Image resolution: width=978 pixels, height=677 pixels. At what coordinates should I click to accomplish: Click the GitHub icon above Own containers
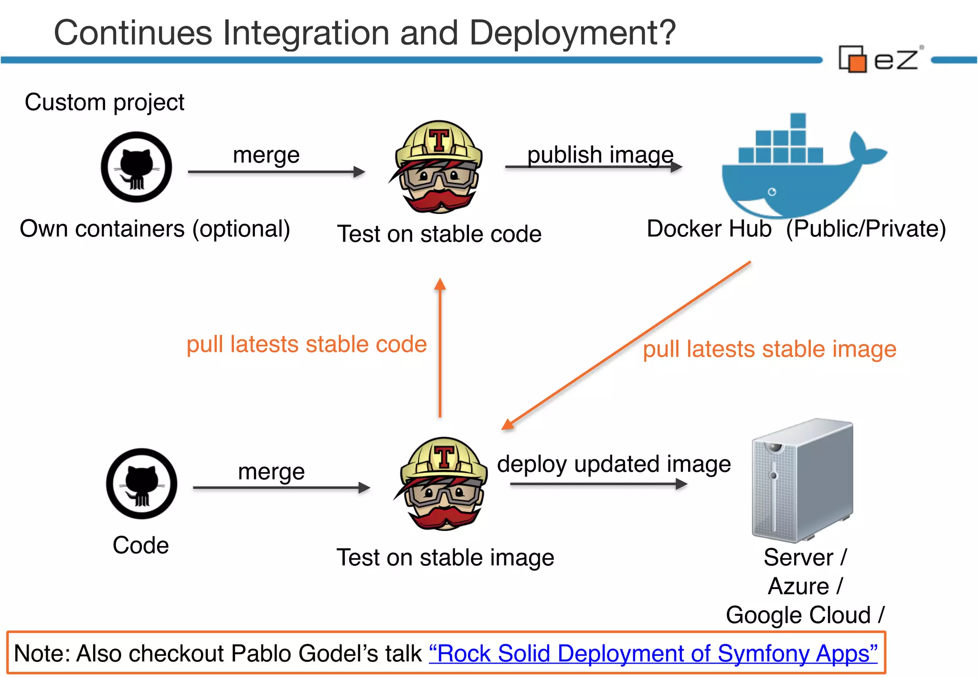coord(136,167)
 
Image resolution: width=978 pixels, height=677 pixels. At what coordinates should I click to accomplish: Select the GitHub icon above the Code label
coord(141,484)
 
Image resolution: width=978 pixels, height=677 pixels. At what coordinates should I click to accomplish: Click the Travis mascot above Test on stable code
coord(438,167)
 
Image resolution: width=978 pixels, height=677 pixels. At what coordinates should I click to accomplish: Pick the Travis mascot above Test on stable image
coord(443,484)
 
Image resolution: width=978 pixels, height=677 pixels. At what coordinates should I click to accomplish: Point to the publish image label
coord(600,154)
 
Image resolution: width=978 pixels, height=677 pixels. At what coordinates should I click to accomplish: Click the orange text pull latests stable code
coord(306,344)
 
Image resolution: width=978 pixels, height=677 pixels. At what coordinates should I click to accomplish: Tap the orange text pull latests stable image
coord(769,349)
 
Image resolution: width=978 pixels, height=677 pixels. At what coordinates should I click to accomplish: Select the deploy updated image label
coord(614,464)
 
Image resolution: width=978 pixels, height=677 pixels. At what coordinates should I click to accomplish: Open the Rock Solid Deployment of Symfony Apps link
coord(653,654)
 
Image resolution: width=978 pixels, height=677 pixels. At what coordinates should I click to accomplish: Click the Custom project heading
coord(104,102)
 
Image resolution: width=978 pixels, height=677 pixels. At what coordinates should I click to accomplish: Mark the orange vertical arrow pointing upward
coord(440,349)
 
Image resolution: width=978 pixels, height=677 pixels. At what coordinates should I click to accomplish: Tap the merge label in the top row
coord(266,155)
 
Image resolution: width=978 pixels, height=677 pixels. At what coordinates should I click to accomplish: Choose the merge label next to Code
coord(271,472)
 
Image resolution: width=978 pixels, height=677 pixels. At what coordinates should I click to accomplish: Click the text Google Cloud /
coord(805,615)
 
